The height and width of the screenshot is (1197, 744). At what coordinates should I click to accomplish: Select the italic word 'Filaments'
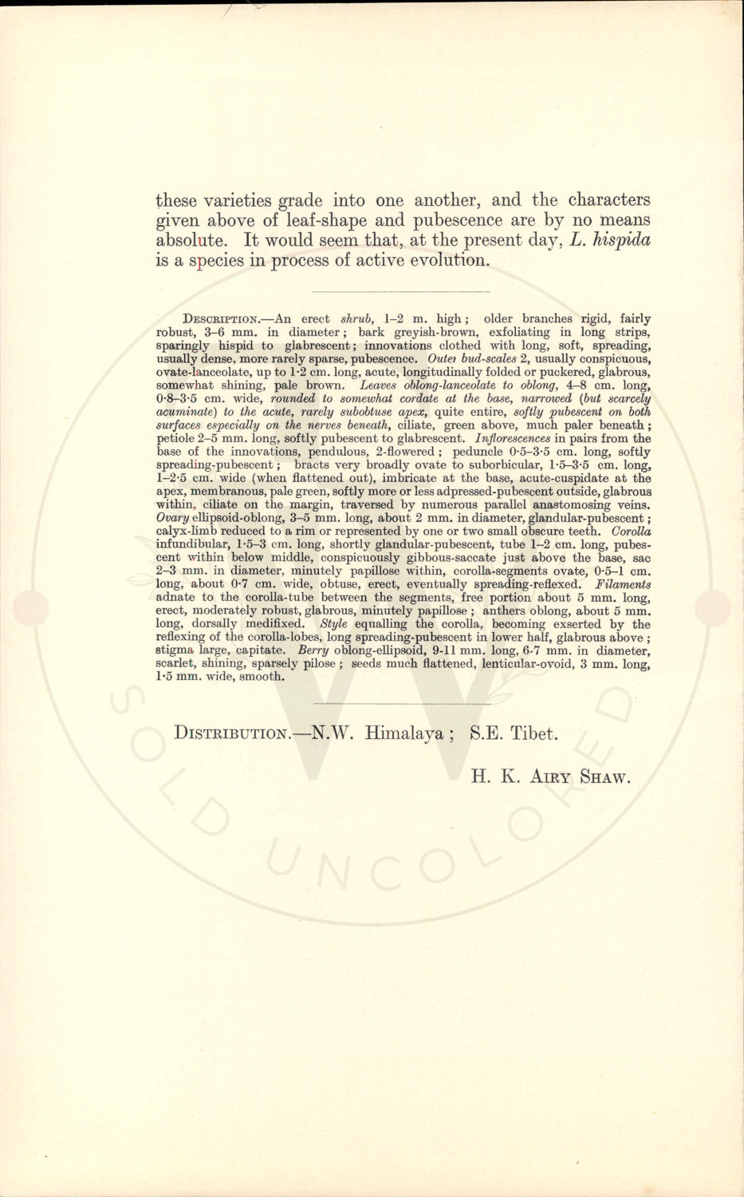pos(624,584)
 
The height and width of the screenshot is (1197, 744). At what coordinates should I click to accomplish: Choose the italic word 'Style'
pos(333,624)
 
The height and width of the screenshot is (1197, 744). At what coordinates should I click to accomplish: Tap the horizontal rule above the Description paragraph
pos(401,291)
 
